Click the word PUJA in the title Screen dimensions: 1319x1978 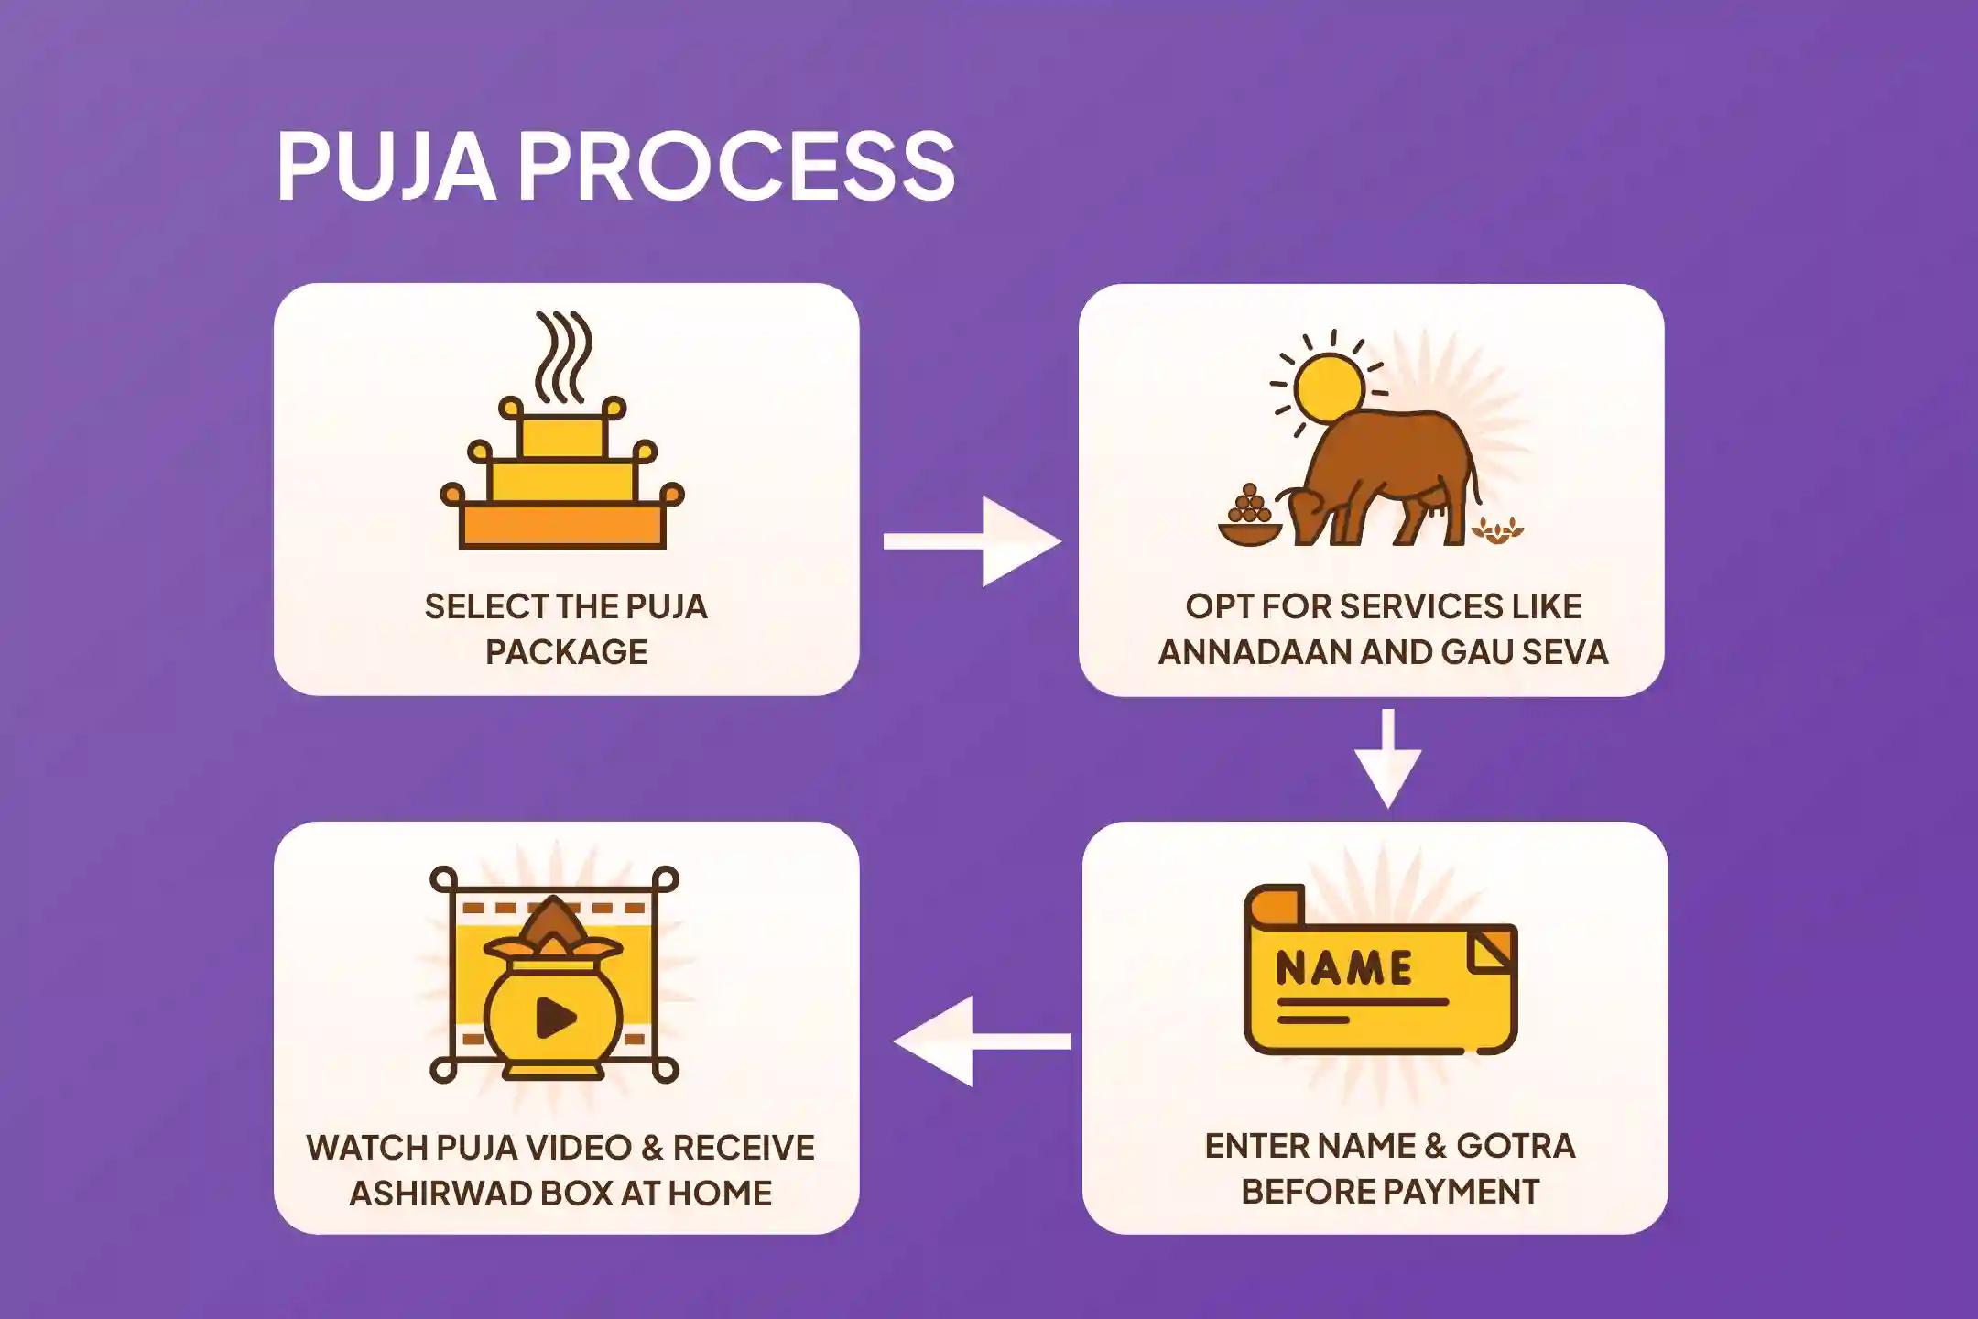point(386,167)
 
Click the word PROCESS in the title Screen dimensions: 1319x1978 point(737,167)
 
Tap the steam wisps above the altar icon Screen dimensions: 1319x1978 point(562,357)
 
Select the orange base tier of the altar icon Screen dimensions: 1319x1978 point(562,527)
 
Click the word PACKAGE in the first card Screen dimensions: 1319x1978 point(566,652)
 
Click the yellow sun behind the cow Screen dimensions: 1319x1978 point(1331,385)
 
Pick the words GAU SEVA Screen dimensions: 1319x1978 point(1525,652)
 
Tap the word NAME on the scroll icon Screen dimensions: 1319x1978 point(1343,969)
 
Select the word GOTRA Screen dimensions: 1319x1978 point(1516,1146)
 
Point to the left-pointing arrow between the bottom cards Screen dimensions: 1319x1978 point(980,1041)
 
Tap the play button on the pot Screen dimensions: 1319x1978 point(555,1017)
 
